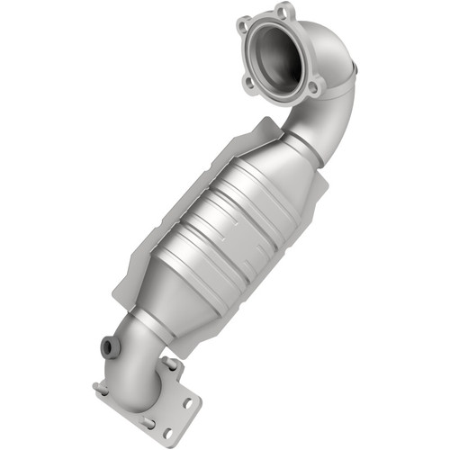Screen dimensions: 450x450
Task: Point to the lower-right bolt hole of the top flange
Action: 313,87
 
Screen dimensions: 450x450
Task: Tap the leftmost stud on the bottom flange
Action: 100,388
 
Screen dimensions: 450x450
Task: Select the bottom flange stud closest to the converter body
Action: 168,364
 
